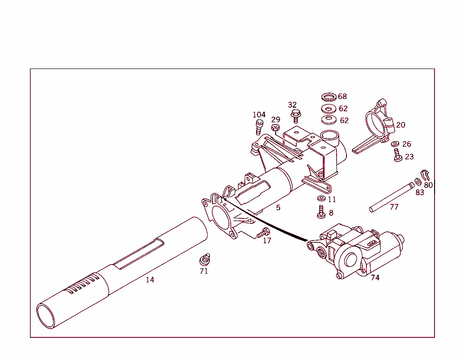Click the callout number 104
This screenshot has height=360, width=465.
coord(259,115)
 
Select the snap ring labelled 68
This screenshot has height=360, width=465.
coord(328,97)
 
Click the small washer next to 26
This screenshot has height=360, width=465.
coord(395,144)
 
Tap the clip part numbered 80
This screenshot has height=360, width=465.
coord(425,174)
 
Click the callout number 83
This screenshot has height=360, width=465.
coord(420,192)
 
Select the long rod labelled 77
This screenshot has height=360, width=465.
coord(391,197)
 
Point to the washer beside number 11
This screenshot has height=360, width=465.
coord(321,199)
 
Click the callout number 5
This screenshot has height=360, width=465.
coord(278,208)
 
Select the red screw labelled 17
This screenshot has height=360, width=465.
coord(262,233)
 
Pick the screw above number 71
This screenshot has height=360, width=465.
coord(205,260)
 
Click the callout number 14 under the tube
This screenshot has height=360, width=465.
coord(150,280)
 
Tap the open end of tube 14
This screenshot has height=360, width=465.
coord(46,316)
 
